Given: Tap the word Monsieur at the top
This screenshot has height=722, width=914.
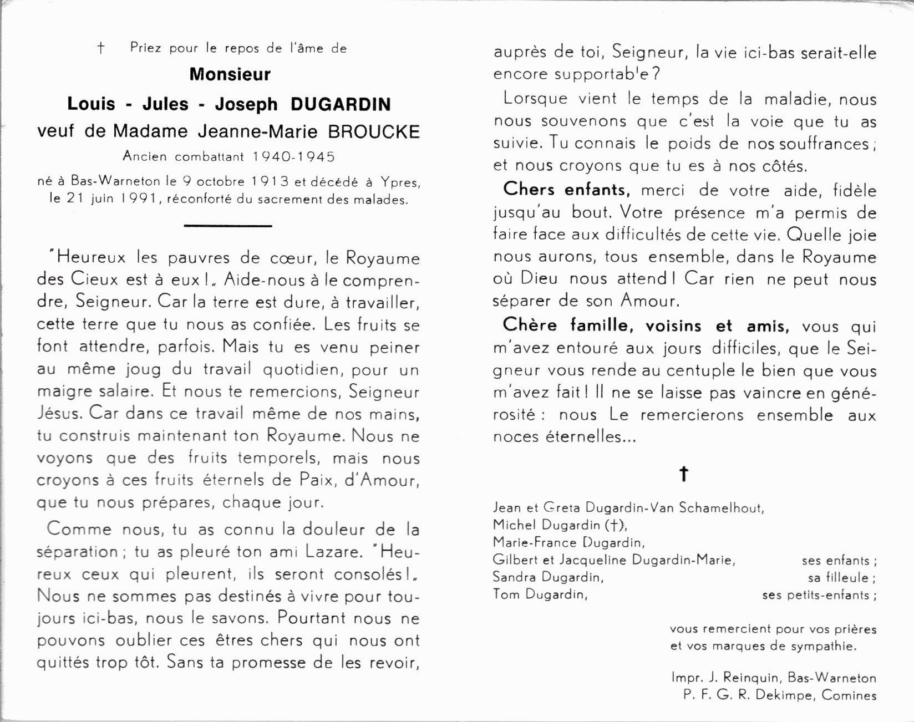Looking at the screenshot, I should point(230,74).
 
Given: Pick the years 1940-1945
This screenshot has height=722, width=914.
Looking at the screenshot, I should point(293,156).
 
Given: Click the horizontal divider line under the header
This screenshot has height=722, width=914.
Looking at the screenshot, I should point(227,226).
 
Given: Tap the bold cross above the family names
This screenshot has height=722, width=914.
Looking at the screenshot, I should point(684,474).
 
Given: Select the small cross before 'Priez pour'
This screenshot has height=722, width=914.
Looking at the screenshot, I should point(100,48).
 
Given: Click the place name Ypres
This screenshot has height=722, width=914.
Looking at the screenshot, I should point(400,181).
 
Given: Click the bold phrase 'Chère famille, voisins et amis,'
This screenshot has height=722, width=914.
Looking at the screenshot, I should point(645,326).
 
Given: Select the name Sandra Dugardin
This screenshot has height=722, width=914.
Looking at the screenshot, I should point(547,577).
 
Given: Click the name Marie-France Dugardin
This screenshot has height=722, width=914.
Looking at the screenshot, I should point(568,542).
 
